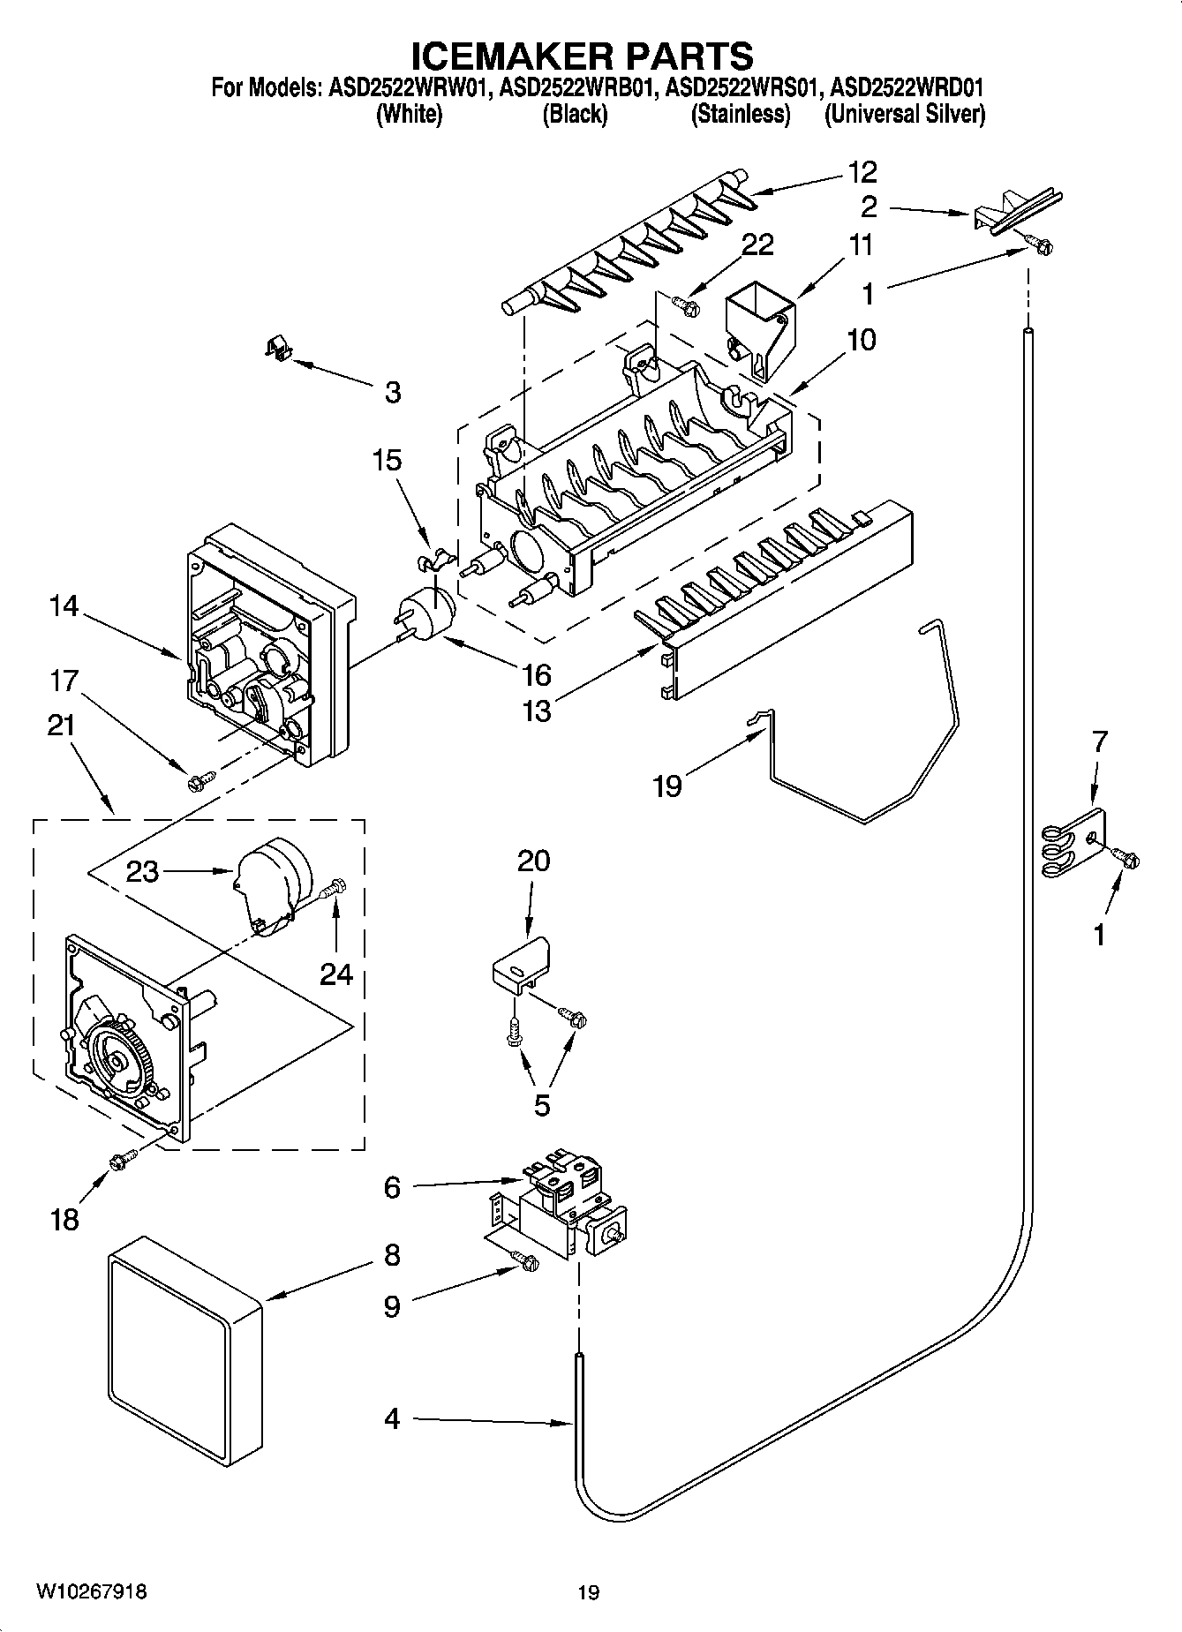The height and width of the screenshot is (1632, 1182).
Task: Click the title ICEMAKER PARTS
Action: pos(583,55)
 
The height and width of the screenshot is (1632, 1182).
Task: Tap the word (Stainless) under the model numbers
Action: pos(741,114)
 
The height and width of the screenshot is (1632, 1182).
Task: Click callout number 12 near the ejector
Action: pos(862,171)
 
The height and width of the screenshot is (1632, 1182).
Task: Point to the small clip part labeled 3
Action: pos(279,348)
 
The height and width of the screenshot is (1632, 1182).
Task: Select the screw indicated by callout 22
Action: pos(686,305)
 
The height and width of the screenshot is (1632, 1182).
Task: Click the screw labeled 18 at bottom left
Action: pos(121,1163)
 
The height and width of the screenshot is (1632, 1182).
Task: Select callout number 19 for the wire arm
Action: pos(667,785)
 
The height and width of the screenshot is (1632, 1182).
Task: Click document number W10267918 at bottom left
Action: pos(91,1592)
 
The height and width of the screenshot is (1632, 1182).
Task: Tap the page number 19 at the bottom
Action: pos(589,1592)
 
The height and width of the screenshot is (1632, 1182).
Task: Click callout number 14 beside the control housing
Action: pos(64,606)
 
